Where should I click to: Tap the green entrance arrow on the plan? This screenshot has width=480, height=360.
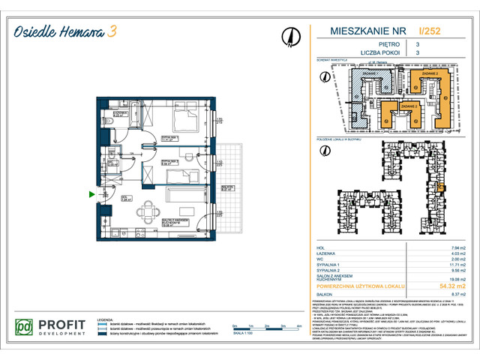pos(92,195)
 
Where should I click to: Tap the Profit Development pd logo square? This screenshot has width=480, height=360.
pos(25,328)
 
